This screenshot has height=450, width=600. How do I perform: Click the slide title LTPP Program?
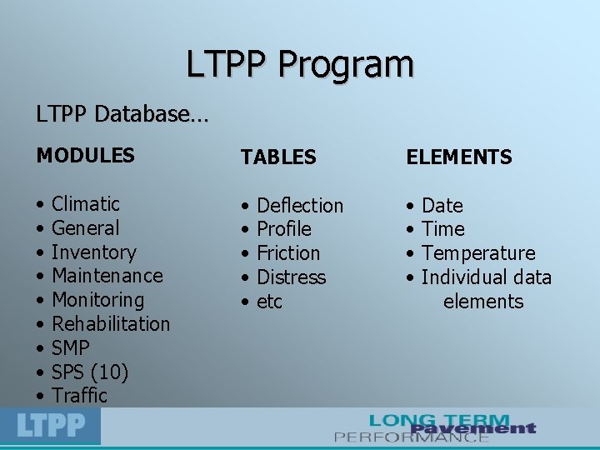300,64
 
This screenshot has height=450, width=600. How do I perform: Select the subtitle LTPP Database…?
122,113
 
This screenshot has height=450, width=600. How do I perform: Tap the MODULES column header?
85,155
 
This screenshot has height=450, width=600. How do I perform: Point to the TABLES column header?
278,157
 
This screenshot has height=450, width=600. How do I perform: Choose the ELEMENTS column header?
458,157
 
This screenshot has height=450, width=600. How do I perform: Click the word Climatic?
86,204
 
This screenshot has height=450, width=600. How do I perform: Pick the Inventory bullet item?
93,252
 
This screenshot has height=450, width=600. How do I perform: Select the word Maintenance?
107,276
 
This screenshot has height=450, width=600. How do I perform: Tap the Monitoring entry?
97,300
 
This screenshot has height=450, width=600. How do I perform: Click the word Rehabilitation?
111,323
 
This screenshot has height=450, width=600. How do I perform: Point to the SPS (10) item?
90,372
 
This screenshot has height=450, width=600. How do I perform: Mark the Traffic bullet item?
80,395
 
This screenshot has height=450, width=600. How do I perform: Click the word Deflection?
300,205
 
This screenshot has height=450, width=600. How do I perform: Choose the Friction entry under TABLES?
288,252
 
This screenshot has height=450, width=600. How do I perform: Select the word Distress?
291,277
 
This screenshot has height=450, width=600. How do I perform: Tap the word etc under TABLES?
269,302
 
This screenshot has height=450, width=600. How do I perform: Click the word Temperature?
478,252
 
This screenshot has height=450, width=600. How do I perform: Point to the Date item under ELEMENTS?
442,205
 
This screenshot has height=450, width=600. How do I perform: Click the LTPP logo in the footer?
51,427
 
